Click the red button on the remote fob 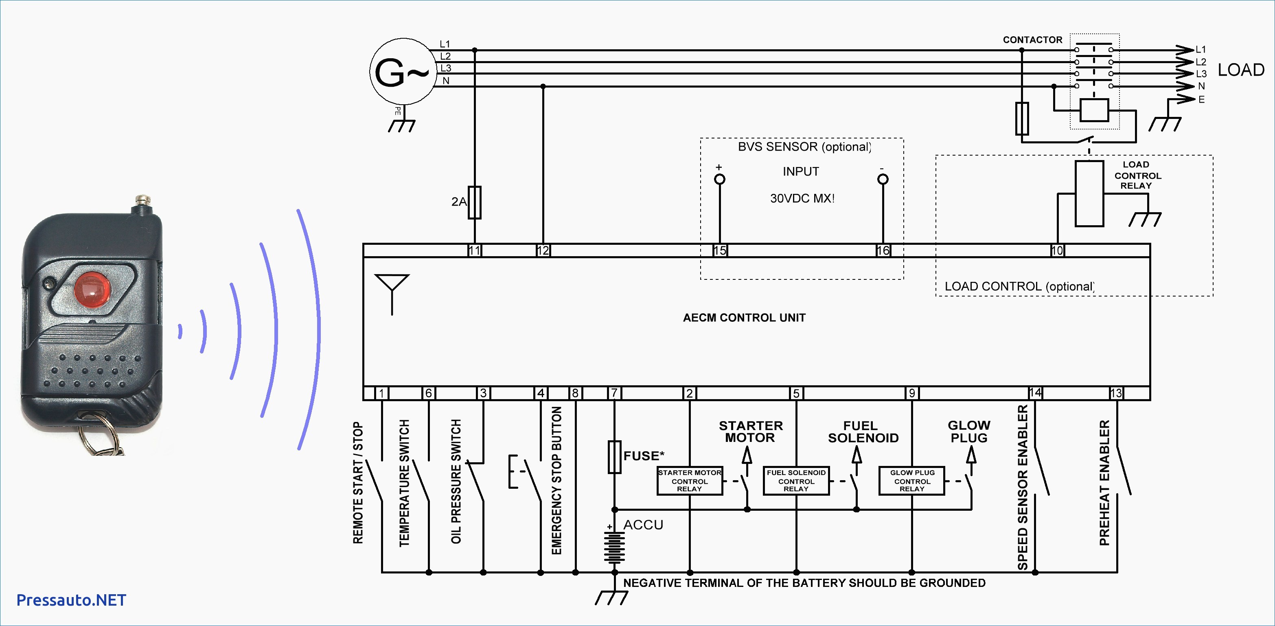coord(92,289)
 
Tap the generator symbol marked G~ coord(403,72)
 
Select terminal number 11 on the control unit coord(475,250)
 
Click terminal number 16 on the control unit coord(883,250)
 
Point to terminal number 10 coord(1057,250)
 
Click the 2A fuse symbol coord(475,202)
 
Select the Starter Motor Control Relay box coord(690,481)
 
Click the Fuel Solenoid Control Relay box coord(796,481)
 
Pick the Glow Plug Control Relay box coord(912,481)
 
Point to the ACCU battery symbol coord(614,547)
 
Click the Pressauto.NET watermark coord(71,600)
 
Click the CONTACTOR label coord(1032,40)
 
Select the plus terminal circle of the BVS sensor coord(720,179)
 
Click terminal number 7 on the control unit coord(614,393)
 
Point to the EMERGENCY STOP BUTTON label coord(557,481)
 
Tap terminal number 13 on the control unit coord(1116,393)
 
